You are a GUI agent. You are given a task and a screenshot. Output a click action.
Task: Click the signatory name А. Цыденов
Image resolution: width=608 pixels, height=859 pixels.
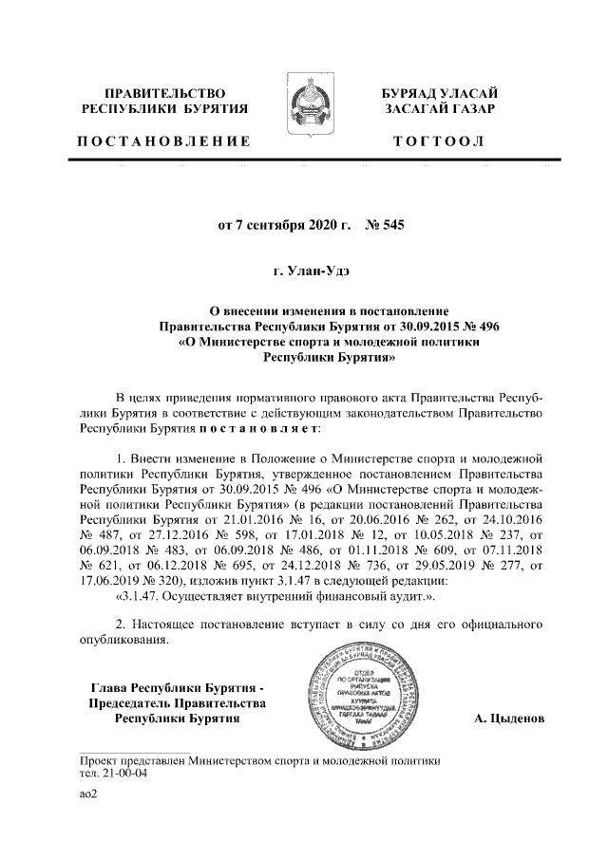click(x=509, y=719)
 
